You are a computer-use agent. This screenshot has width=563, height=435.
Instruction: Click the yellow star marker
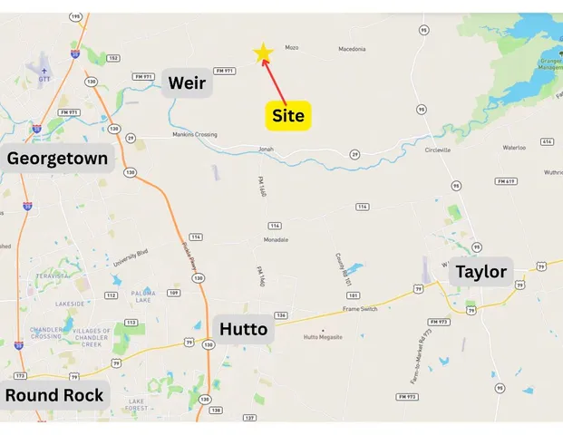pos(263,53)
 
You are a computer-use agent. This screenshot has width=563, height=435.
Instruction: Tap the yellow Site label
pos(288,115)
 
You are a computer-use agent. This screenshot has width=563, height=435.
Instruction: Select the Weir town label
pos(188,84)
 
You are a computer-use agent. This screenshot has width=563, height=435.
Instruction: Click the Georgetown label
pos(58,159)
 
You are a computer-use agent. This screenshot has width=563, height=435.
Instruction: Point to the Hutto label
pos(244,329)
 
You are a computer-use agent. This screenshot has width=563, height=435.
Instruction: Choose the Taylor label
pos(481,272)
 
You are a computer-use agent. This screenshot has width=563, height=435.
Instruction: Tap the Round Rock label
pos(53,395)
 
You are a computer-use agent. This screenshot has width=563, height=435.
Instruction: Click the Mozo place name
pos(292,48)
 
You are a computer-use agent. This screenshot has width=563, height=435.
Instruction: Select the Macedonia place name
pos(352,49)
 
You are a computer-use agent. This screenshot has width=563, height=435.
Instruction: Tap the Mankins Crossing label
pos(195,135)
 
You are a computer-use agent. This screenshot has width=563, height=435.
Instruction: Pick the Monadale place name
pos(276,239)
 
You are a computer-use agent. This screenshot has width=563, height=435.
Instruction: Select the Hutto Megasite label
pos(323,338)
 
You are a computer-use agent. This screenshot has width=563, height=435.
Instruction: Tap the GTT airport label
pos(44,80)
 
